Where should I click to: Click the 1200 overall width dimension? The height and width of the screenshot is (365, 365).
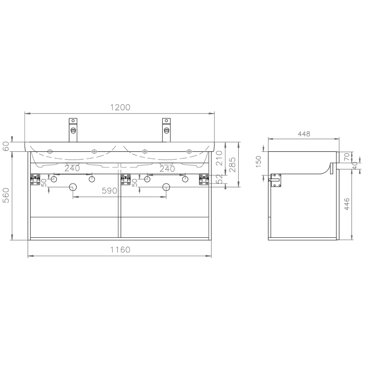coord(119,107)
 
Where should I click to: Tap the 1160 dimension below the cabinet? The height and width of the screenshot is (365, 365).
coord(119,250)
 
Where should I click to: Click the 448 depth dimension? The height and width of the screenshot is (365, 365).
coord(303,133)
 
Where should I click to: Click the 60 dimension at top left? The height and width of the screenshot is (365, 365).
coord(7,147)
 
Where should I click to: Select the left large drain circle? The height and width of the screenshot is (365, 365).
coord(73,187)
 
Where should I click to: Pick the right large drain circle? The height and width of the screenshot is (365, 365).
coord(166,187)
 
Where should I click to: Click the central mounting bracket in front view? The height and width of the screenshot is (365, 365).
coord(126,179)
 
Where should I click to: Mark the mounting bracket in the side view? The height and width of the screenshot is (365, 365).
coord(276,179)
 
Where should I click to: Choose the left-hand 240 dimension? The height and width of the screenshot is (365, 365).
coord(72,168)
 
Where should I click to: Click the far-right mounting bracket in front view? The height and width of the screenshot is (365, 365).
coord(203,179)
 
